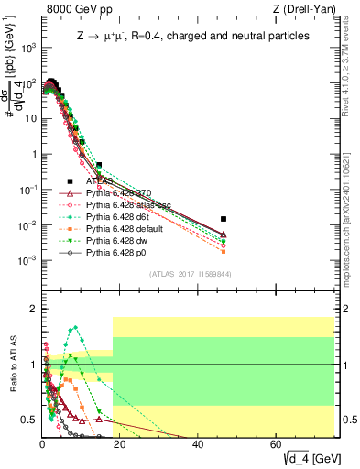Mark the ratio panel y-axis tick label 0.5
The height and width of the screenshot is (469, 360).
click(29, 420)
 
